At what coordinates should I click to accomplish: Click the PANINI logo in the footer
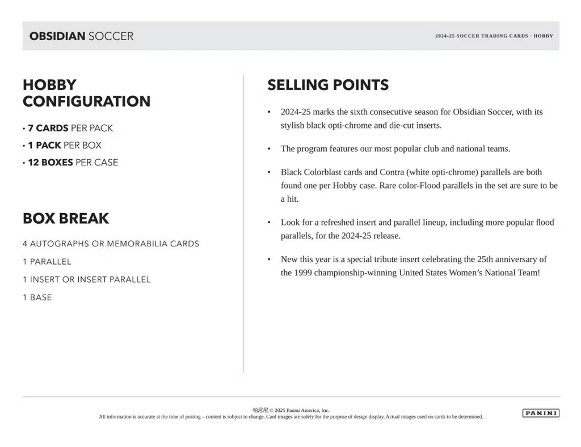540,413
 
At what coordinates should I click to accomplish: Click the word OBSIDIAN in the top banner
57,36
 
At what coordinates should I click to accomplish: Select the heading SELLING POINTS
328,85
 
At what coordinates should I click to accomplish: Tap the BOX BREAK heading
66,218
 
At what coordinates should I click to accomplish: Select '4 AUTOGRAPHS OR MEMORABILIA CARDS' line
111,244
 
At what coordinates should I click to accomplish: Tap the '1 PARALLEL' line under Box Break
47,262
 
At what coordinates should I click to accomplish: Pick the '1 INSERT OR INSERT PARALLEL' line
87,279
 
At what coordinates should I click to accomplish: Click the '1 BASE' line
37,297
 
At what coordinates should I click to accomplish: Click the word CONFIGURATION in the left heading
87,101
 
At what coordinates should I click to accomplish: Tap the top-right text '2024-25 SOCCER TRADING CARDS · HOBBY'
494,36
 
